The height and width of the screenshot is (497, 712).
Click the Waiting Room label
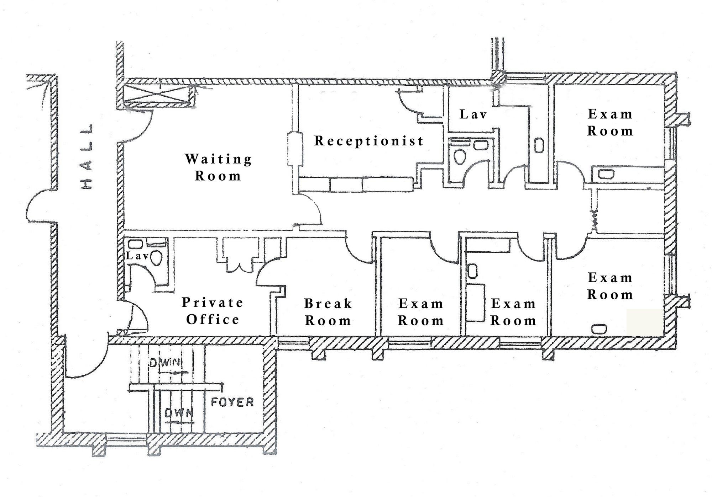tap(218, 167)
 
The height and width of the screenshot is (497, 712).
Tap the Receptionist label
tap(369, 141)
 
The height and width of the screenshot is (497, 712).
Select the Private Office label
tap(213, 311)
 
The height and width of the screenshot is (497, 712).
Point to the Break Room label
tap(328, 312)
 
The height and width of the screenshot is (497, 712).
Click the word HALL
tap(87, 156)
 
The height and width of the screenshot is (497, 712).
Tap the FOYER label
tap(232, 402)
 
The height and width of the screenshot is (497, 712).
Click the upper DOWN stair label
tap(165, 363)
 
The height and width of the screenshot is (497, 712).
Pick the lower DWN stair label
tap(179, 413)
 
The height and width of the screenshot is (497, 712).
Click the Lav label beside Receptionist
tap(473, 114)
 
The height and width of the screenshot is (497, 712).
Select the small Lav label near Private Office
tap(137, 256)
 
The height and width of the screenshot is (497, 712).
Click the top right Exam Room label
tap(610, 123)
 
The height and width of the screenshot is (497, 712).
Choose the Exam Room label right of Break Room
tap(421, 312)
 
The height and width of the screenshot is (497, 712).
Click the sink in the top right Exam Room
tap(606, 174)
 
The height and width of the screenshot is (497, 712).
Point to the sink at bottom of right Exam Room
tap(599, 329)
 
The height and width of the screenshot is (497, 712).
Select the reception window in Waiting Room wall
tap(295, 149)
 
